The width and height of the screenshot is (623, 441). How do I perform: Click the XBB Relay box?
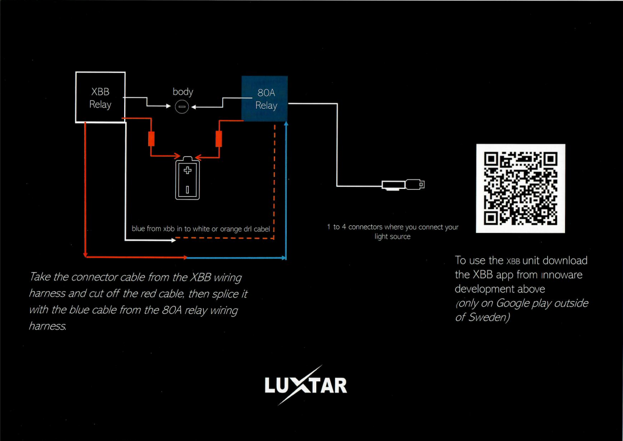100,98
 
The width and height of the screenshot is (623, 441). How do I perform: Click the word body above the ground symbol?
183,92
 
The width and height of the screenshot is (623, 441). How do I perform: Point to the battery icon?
188,178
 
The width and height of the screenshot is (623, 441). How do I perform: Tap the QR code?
521,188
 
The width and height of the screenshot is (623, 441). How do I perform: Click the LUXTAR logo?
306,385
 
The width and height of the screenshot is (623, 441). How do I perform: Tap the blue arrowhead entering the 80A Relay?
286,124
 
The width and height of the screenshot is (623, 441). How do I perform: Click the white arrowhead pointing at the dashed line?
173,241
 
